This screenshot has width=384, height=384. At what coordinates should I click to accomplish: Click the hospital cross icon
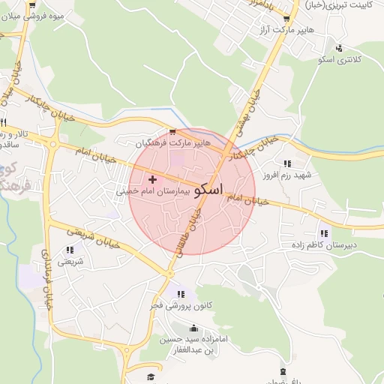pyautogui.click(x=153, y=180)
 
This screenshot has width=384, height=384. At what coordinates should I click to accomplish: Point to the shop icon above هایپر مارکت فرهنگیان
pyautogui.click(x=172, y=130)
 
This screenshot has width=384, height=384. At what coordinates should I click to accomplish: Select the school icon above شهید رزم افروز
pyautogui.click(x=286, y=163)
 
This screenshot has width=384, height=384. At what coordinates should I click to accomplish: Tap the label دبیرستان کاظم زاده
pyautogui.click(x=324, y=244)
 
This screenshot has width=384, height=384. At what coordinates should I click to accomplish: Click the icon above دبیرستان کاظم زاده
pyautogui.click(x=323, y=232)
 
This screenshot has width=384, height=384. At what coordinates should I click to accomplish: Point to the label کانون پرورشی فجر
pyautogui.click(x=180, y=306)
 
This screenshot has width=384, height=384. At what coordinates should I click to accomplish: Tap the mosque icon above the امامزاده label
pyautogui.click(x=194, y=328)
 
